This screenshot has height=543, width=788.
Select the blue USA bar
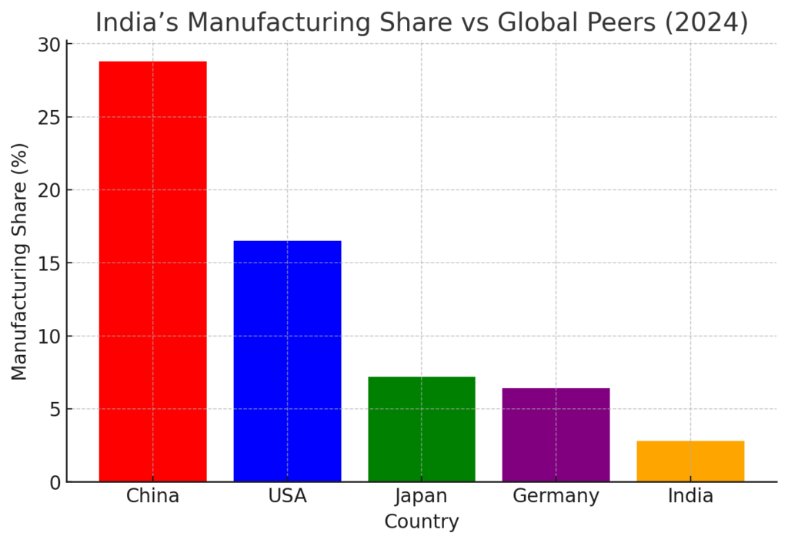click(x=287, y=361)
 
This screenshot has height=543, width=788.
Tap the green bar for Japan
click(x=422, y=429)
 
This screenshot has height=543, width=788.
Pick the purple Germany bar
click(x=556, y=434)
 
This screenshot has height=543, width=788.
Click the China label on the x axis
click(x=152, y=496)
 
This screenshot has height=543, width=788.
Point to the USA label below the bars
click(x=287, y=496)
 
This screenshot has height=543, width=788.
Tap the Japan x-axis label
click(x=422, y=496)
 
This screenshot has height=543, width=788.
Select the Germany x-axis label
click(x=556, y=496)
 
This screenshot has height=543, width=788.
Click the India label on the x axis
click(x=690, y=496)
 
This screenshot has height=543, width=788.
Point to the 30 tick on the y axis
click(x=49, y=45)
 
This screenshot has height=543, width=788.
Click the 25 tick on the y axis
click(x=49, y=117)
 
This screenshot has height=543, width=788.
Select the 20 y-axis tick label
click(x=49, y=190)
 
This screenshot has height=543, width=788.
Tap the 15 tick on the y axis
click(x=49, y=263)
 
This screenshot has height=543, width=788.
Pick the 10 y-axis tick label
click(x=49, y=336)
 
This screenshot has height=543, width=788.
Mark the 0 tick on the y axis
click(x=55, y=482)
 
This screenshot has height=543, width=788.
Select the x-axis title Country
click(x=422, y=522)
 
